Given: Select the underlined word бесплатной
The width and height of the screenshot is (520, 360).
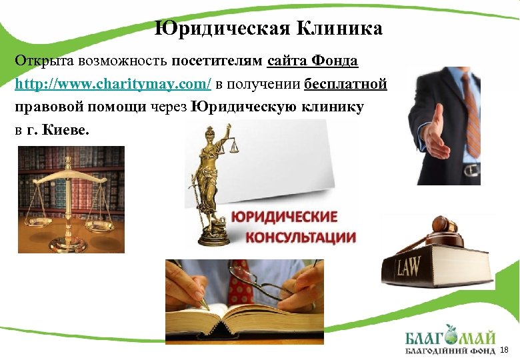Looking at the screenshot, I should coord(345,85).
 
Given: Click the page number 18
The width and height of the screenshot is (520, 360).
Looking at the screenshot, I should coord(504,350).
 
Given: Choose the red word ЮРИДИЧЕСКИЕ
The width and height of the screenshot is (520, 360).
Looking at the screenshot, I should coord(284,217).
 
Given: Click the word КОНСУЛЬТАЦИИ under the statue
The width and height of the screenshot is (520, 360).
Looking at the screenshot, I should coord(300,237).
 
